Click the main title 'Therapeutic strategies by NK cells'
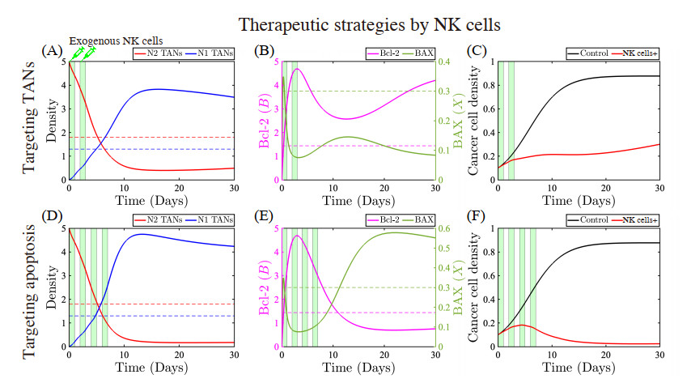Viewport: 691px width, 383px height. [x=345, y=24]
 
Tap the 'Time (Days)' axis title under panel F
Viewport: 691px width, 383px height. [x=579, y=368]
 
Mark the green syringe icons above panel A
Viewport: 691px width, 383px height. [x=83, y=52]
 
